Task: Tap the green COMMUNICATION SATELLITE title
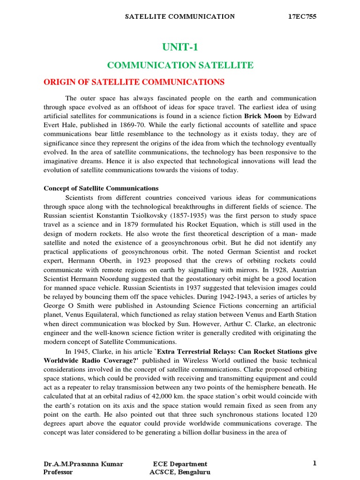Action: pyautogui.click(x=180, y=65)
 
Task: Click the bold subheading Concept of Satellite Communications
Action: pyautogui.click(x=101, y=188)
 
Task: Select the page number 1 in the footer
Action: pyautogui.click(x=315, y=463)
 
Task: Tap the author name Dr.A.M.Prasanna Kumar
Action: pyautogui.click(x=83, y=464)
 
